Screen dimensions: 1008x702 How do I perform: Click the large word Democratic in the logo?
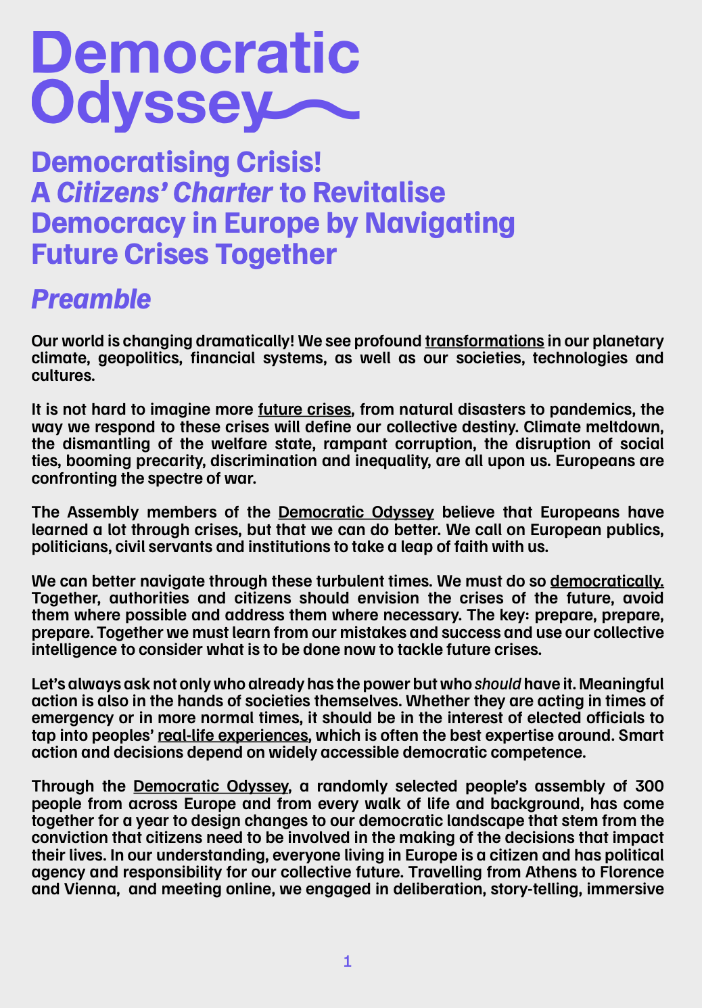(195, 53)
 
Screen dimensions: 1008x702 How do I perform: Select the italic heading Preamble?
(91, 299)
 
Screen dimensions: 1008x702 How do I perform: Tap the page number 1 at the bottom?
(348, 961)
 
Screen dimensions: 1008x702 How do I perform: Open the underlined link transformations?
(484, 340)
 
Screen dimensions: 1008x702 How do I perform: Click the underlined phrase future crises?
(304, 409)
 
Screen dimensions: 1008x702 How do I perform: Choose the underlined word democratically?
(607, 581)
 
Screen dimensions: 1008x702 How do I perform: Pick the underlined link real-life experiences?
(233, 735)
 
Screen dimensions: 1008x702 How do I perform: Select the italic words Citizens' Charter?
(164, 193)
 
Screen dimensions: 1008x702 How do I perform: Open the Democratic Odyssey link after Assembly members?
(356, 512)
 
